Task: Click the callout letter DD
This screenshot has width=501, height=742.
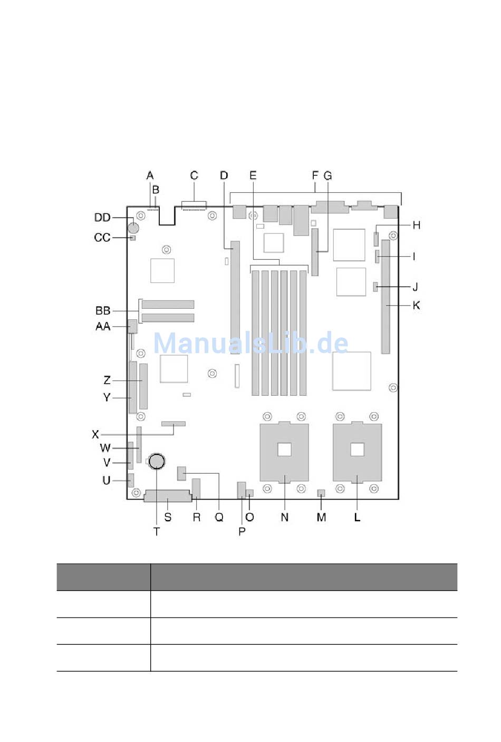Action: pos(102,217)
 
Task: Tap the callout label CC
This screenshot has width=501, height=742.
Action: pos(102,238)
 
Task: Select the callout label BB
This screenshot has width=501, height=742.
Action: pos(103,310)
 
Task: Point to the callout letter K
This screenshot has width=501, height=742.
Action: pos(417,305)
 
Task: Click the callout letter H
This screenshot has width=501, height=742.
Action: pos(417,225)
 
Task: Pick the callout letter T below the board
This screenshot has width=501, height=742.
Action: pos(157,531)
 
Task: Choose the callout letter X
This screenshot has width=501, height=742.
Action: pos(95,434)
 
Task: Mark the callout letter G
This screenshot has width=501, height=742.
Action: pos(327,175)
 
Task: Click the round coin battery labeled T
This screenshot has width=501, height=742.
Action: pos(157,461)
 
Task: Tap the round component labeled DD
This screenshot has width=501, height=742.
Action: pos(133,228)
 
